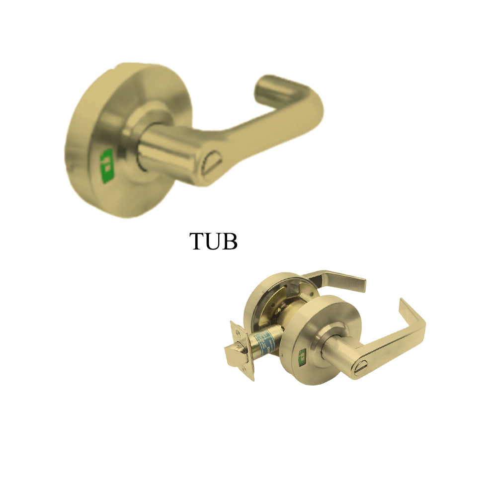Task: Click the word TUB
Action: tap(214, 241)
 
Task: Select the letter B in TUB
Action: tap(231, 241)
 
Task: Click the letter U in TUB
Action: tap(214, 242)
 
